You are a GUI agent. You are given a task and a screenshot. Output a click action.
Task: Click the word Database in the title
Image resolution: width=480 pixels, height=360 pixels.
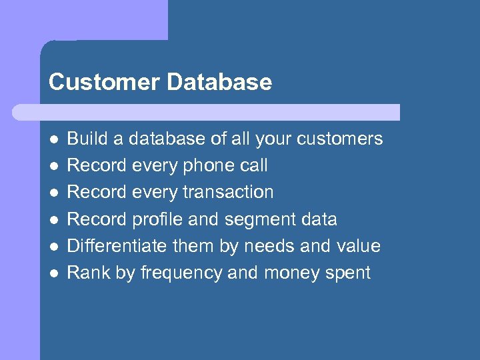point(219,82)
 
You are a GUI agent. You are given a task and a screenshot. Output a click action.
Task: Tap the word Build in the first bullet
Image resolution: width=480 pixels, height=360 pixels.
point(84,139)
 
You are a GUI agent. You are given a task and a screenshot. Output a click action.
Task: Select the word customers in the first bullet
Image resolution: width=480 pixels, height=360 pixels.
point(340,139)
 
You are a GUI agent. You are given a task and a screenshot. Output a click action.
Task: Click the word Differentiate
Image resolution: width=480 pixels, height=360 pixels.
point(118,246)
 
